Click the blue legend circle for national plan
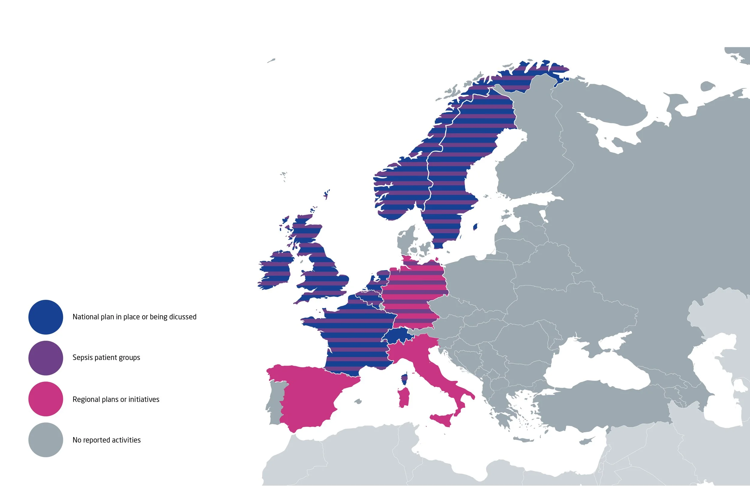coord(46,317)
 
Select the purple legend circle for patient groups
coord(46,358)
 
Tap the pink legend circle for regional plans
coord(46,399)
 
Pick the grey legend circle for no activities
coord(46,440)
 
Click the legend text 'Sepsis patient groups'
coord(106,358)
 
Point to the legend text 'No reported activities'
coord(106,440)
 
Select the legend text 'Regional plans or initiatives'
coord(116,399)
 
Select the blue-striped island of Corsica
coord(404,379)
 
